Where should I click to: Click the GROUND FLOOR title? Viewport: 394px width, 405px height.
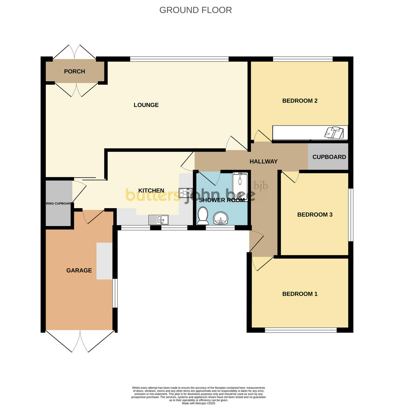[195, 10]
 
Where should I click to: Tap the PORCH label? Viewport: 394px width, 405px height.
[74, 72]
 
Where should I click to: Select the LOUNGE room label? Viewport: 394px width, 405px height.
[146, 105]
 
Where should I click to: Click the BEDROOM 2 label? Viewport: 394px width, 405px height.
[300, 101]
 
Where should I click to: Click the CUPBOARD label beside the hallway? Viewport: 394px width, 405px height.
[329, 157]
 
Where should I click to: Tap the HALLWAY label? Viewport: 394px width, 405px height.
[263, 162]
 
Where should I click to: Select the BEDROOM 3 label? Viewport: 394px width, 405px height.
[315, 215]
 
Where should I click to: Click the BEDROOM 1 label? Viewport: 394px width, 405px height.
[300, 294]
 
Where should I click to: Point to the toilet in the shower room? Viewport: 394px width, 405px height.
[203, 216]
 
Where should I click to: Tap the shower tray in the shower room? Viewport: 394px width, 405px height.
[240, 187]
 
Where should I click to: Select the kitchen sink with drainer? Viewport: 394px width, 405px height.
[158, 220]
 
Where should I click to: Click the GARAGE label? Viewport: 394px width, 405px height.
[79, 270]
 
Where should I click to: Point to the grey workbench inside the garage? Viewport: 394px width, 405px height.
[104, 261]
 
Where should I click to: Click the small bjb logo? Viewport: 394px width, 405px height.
[261, 186]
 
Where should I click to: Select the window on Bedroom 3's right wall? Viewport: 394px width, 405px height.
[351, 215]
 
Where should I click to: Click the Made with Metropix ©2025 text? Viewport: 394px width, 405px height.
[198, 403]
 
